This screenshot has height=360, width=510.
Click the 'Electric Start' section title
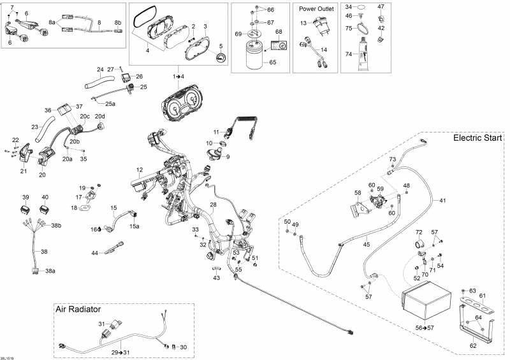click(x=477, y=138)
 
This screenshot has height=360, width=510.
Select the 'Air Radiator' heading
click(x=78, y=309)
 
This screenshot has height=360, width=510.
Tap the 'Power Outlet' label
click(x=316, y=9)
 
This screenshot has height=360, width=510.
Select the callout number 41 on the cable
click(x=442, y=201)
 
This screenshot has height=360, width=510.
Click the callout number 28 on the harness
click(x=213, y=205)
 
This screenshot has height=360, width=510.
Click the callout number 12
click(x=140, y=169)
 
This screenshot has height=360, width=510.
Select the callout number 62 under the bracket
click(x=473, y=346)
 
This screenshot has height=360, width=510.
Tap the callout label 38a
click(x=50, y=271)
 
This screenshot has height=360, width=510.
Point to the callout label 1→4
click(x=178, y=76)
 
